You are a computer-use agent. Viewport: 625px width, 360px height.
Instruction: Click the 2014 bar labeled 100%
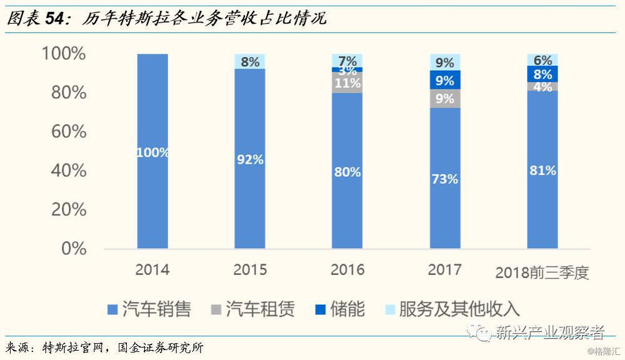coord(152,152)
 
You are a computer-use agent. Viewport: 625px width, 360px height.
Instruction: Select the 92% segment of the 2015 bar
coord(250,159)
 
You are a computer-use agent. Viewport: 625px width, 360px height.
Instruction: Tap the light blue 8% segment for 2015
coord(250,61)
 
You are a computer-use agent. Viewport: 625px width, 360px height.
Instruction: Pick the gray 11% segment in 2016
coord(347,82)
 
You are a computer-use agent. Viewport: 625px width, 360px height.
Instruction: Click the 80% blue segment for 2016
coord(347,171)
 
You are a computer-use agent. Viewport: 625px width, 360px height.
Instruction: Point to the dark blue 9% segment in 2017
coord(445,79)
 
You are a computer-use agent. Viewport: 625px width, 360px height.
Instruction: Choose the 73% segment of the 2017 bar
coord(445,178)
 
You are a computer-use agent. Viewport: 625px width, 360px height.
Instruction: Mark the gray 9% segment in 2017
coord(445,98)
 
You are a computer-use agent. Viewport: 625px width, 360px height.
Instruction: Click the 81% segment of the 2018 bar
coord(542,170)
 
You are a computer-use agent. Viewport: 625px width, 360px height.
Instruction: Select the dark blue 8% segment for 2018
coord(542,74)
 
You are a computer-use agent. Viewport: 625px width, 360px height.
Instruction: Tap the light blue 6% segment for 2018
coord(542,60)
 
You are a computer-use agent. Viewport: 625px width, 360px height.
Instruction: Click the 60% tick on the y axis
coord(64,131)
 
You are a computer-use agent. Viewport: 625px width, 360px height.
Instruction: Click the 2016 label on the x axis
coord(347,270)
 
